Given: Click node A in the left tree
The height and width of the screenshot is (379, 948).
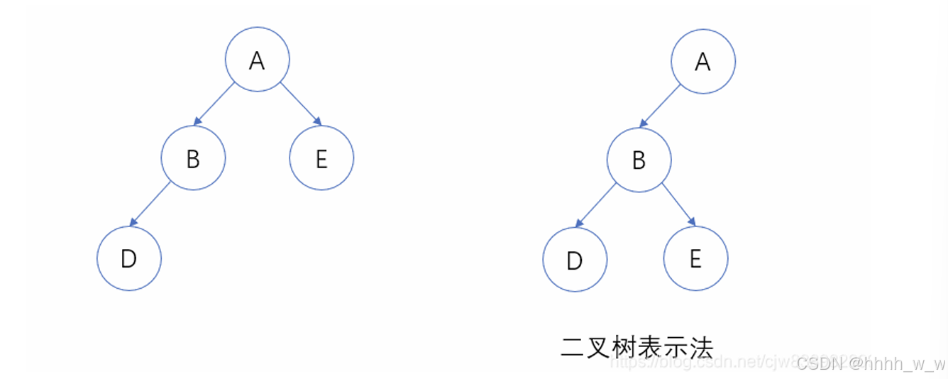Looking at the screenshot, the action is click(258, 60).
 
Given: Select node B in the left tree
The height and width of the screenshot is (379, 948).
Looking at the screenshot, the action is click(193, 158).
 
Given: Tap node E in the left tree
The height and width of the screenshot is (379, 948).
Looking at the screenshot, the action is click(321, 158).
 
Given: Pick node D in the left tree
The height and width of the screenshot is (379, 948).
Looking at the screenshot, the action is click(129, 258).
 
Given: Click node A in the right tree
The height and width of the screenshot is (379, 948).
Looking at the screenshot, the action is click(703, 61).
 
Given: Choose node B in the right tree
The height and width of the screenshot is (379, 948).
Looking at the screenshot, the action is click(639, 160).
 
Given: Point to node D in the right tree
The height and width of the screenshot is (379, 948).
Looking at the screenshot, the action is click(575, 260).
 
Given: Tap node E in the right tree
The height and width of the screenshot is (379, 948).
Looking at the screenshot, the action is click(695, 258).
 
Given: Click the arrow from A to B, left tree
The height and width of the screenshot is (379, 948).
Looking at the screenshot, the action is click(214, 104).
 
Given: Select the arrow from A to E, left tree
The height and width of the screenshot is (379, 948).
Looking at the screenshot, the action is click(301, 104).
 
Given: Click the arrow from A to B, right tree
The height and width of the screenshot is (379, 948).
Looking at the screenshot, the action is click(659, 106).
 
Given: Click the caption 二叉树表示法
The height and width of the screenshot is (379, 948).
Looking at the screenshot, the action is click(636, 347).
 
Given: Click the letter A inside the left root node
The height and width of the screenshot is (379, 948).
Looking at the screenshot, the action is click(258, 60).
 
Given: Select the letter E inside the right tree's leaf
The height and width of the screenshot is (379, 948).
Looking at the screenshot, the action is click(695, 258).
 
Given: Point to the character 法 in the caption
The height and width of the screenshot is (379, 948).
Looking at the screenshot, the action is click(699, 347).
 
